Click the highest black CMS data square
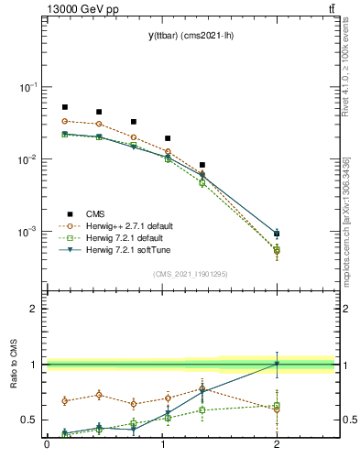point(64,107)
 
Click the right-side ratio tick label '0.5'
point(347,420)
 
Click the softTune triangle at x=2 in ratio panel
point(277,364)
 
